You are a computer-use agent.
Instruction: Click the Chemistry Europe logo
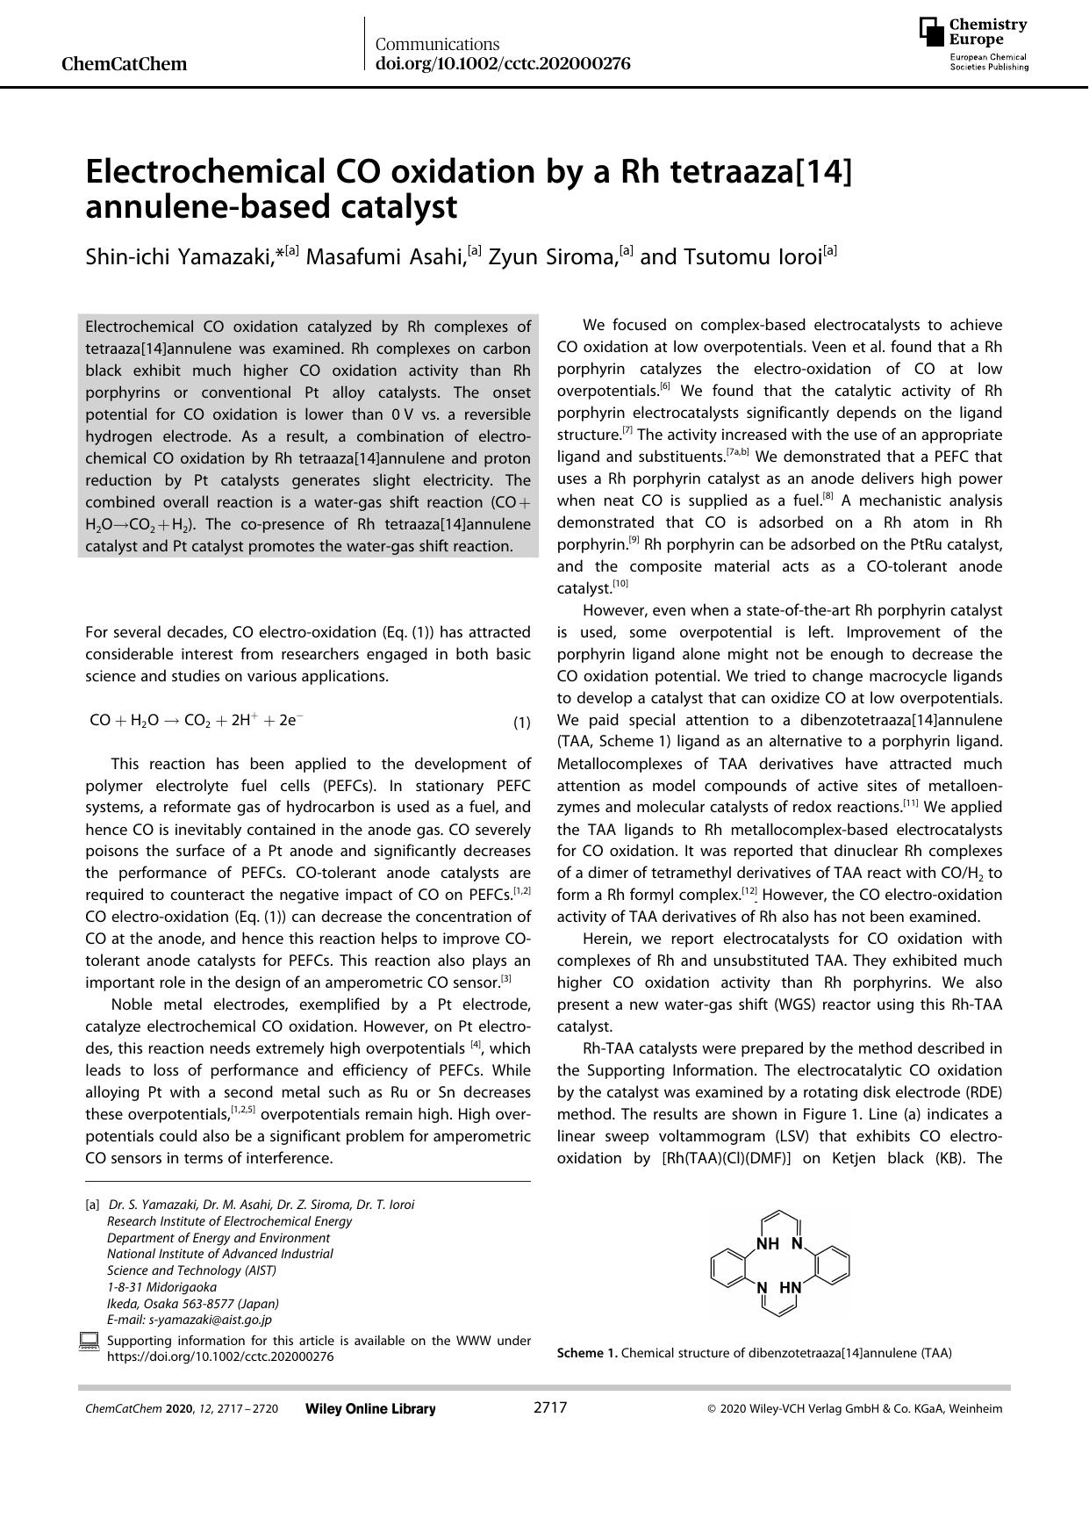pos(973,43)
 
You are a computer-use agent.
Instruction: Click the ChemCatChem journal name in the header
pos(125,64)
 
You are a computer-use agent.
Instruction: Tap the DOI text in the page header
pos(503,63)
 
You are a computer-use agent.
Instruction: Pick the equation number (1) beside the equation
pos(521,723)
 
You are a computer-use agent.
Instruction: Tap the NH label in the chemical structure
pos(767,1243)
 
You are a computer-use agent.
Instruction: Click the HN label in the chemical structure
pos(791,1288)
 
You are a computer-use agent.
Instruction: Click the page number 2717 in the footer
pos(550,1408)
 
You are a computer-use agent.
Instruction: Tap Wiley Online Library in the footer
pos(370,1409)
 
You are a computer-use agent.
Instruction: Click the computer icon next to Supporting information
pos(89,1342)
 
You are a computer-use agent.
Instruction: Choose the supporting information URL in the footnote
pos(219,1356)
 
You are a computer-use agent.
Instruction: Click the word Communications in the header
pos(437,44)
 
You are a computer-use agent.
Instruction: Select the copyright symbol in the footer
pos(712,1409)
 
